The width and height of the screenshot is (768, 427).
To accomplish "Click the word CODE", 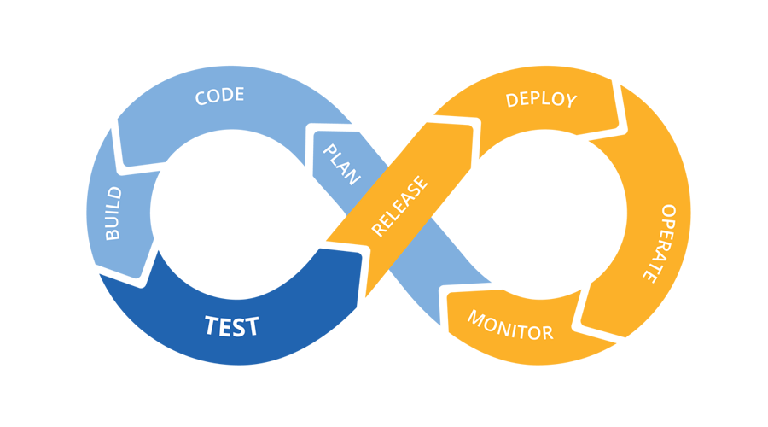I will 220,96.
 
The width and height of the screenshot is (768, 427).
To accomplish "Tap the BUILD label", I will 113,214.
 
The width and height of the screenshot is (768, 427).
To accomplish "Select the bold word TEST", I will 232,326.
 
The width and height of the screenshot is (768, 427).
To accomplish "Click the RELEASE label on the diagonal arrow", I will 399,207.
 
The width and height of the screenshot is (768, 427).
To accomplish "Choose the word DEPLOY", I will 541,99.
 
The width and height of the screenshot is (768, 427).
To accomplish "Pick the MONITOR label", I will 510,325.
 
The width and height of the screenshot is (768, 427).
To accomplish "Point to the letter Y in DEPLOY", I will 570,102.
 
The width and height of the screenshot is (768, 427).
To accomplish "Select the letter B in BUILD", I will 113,233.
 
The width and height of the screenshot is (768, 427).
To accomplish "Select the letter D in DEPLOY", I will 513,100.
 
